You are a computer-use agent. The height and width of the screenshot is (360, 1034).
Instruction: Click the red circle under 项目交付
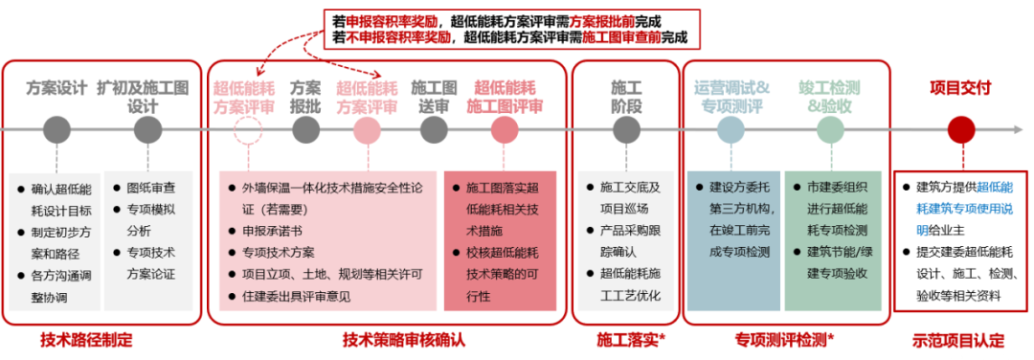click(x=960, y=129)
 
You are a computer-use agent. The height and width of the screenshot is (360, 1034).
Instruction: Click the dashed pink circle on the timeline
click(x=247, y=129)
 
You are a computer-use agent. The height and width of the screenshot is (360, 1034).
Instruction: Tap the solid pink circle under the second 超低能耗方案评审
click(x=367, y=129)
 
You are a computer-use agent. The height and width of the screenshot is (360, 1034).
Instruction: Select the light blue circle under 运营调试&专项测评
click(x=731, y=129)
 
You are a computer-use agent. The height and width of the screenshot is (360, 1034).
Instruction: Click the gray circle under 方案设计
click(x=56, y=129)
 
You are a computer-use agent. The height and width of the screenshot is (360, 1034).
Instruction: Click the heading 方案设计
click(x=56, y=87)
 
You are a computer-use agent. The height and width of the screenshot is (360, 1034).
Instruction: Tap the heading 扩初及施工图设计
click(x=145, y=96)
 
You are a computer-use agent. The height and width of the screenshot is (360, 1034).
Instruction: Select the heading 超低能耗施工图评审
click(x=508, y=96)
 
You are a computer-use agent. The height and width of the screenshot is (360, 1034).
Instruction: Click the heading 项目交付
click(x=960, y=87)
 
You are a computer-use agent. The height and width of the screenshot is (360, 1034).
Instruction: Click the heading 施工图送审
click(x=429, y=96)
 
